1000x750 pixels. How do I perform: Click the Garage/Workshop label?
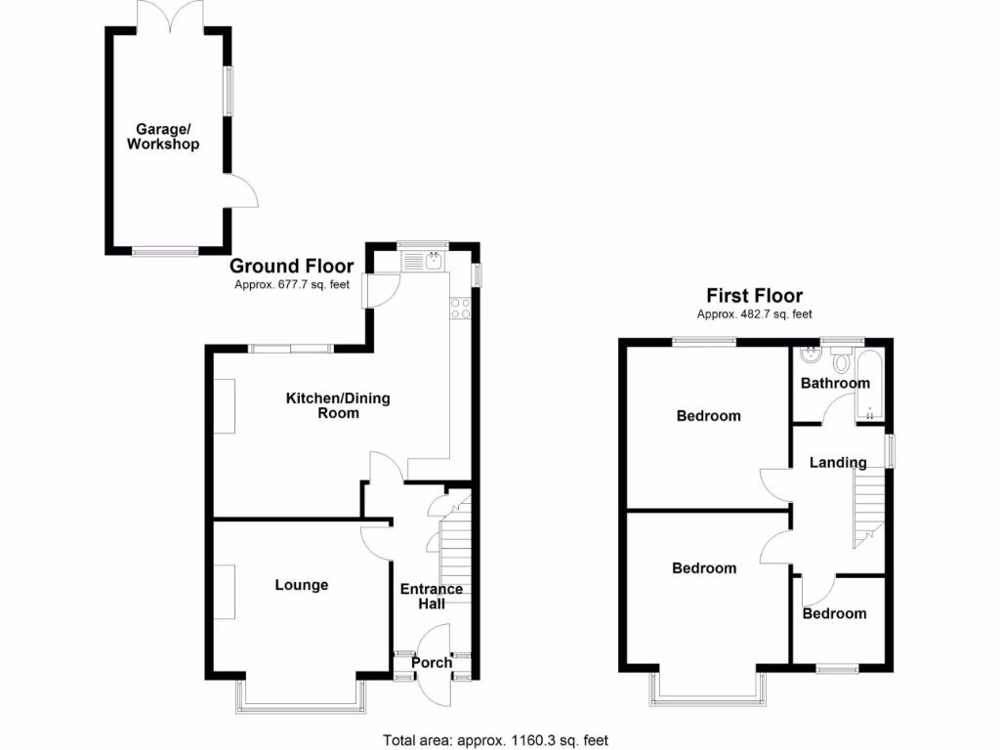167,137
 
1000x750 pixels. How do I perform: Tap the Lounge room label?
301,585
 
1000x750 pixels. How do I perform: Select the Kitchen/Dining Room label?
322,405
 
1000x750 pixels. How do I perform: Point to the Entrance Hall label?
432,596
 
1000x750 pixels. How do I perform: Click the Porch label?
432,663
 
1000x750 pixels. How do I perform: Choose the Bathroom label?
835,383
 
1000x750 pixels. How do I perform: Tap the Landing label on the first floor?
838,462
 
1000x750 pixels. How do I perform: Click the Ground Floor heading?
291,266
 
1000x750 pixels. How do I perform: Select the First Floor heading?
754,296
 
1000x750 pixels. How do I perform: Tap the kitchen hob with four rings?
460,309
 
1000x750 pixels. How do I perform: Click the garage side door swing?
242,191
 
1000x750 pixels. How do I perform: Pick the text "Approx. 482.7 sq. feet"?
754,314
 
